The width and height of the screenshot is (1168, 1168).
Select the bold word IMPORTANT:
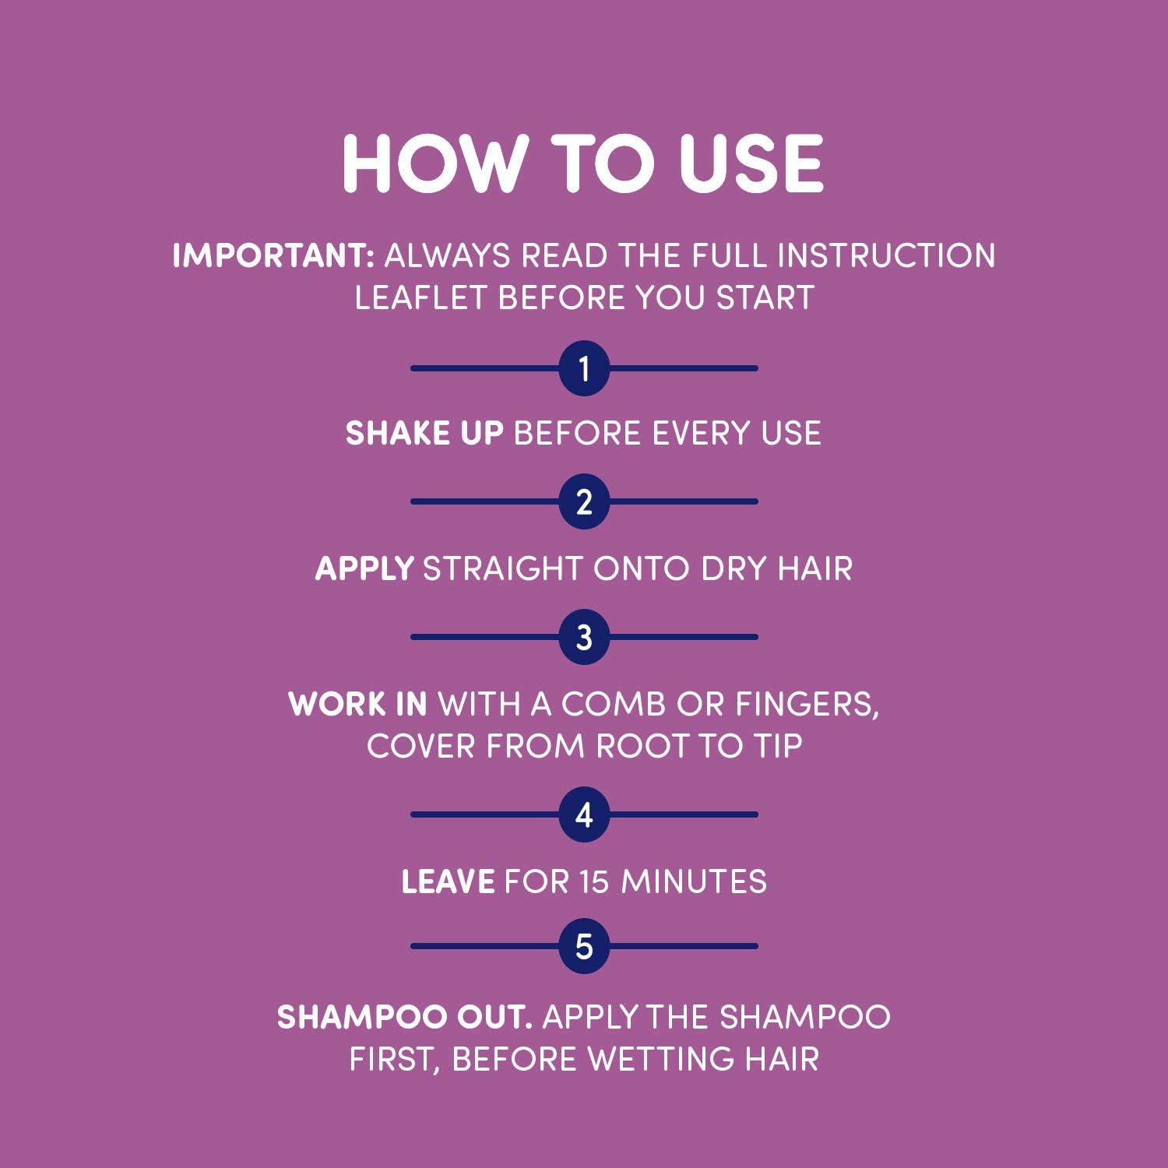[273, 256]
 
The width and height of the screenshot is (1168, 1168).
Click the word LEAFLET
[420, 298]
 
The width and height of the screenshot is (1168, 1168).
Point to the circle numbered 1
[584, 368]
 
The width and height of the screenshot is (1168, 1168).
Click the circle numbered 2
[584, 501]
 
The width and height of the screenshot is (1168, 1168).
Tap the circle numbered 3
[584, 637]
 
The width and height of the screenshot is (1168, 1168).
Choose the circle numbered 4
[584, 815]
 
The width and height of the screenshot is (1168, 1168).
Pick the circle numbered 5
[584, 946]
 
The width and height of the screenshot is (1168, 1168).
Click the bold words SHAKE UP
[424, 434]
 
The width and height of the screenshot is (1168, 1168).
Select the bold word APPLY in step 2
[364, 569]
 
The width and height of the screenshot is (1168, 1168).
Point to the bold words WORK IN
[357, 705]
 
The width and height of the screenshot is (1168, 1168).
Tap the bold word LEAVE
[448, 882]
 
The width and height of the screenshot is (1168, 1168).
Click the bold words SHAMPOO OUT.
[404, 1018]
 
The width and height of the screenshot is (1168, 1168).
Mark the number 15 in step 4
[594, 882]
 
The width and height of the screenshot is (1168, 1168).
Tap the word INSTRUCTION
[886, 256]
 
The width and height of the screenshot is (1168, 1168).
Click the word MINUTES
[694, 882]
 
